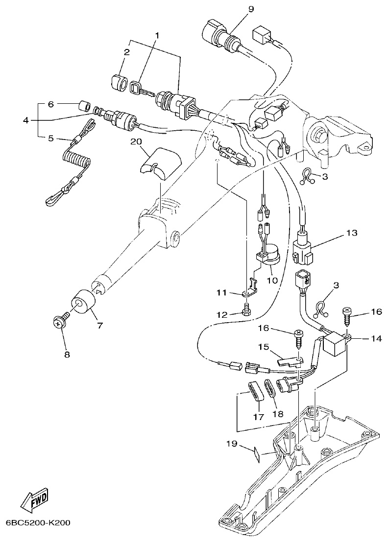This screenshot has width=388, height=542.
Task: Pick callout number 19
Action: (232, 444)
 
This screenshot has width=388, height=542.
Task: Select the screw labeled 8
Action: (59, 322)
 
